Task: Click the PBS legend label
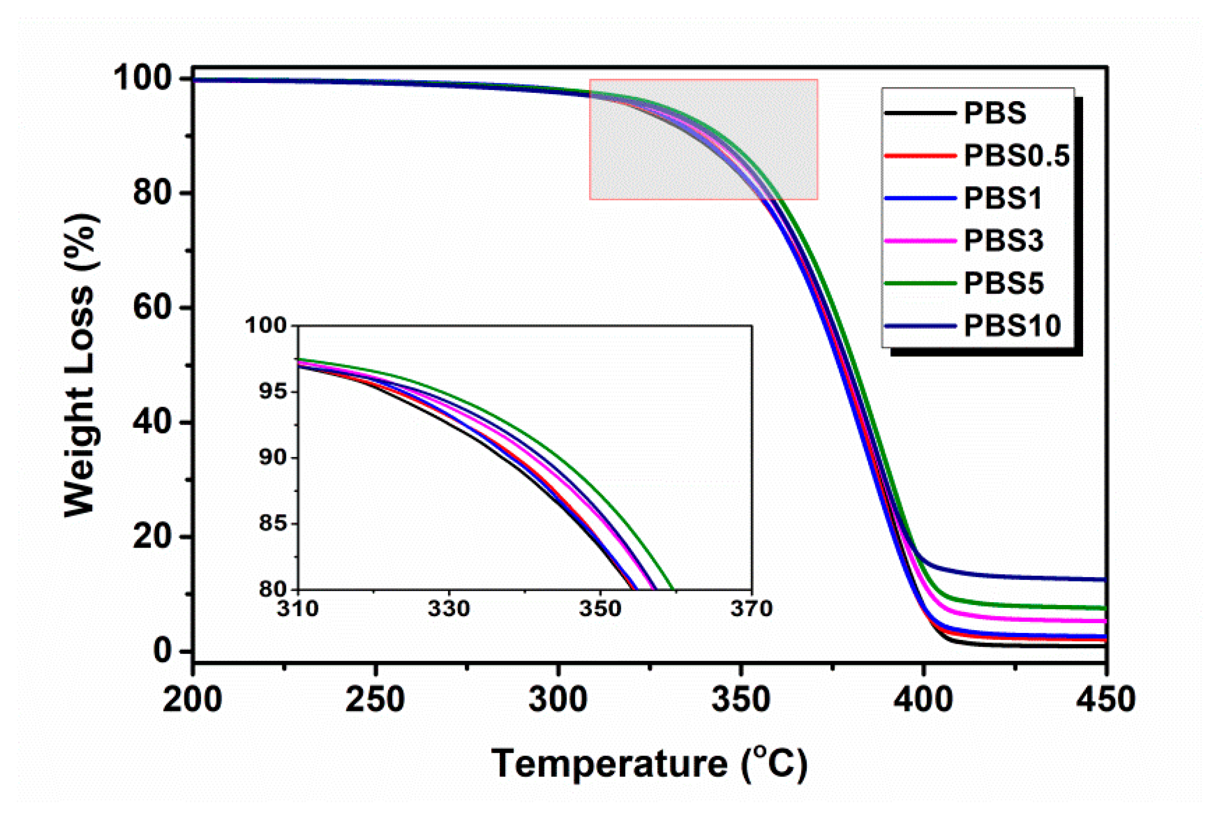pos(994,113)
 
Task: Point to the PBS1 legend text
pos(1002,198)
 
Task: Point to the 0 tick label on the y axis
pos(163,651)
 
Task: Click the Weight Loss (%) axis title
pos(81,365)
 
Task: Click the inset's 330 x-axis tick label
pos(448,609)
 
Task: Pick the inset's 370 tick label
pos(751,609)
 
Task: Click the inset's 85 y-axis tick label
pos(273,523)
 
